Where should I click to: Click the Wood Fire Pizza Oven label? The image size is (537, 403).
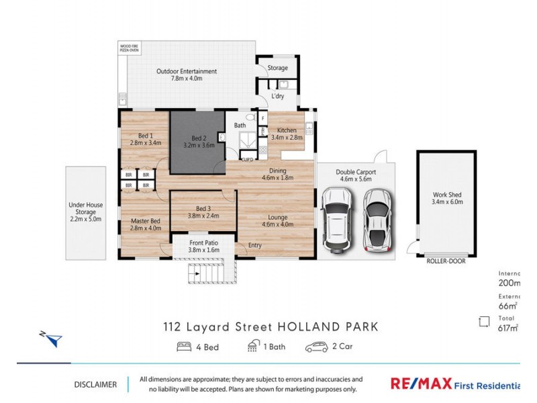click(x=130, y=49)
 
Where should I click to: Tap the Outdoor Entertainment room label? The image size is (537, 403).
click(x=186, y=75)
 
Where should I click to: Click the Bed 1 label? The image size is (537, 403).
click(x=145, y=140)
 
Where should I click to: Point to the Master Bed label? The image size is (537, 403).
click(x=145, y=224)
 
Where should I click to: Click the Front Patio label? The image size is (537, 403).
click(x=204, y=246)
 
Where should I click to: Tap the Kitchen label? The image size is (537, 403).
click(x=286, y=134)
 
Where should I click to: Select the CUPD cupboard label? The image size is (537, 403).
click(x=247, y=159)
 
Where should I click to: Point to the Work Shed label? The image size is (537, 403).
click(x=446, y=199)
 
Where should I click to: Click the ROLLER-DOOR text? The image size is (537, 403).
click(x=446, y=261)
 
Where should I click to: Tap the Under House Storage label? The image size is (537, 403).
click(x=85, y=212)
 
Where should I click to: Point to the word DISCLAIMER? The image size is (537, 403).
click(x=95, y=385)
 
